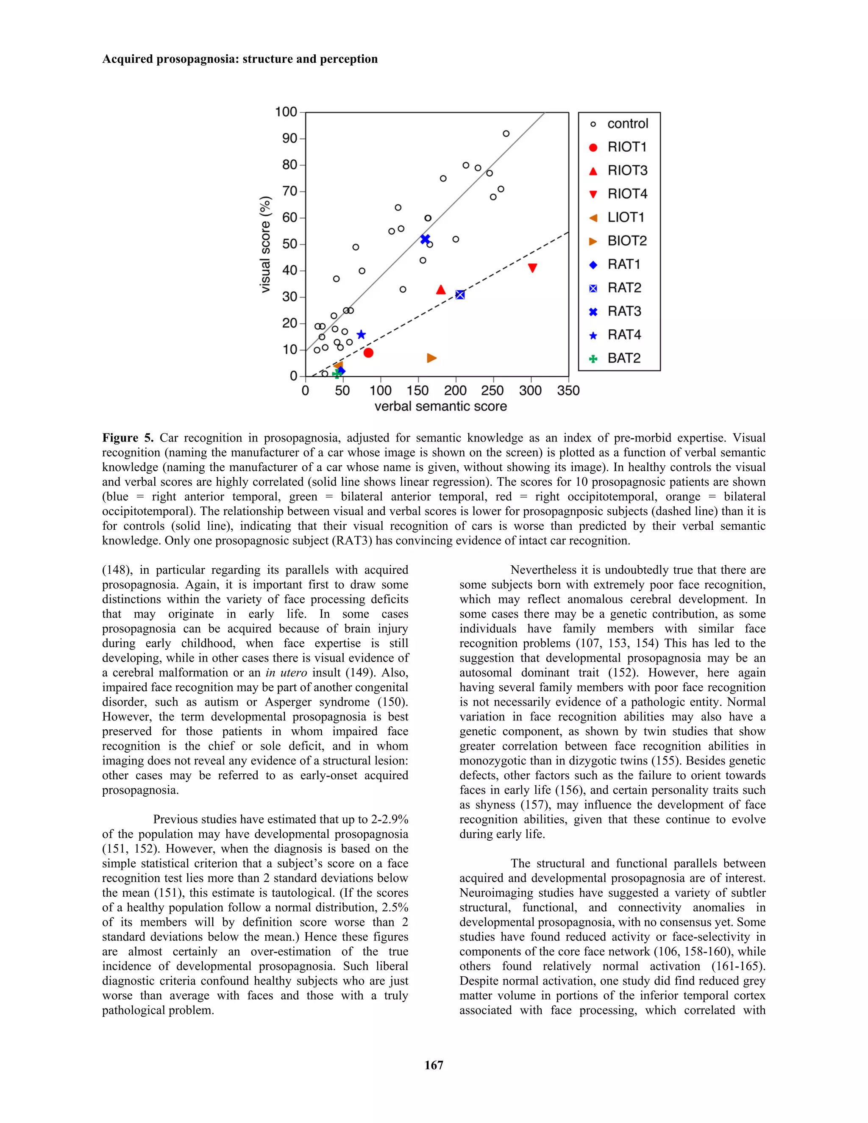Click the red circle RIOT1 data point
pyautogui.click(x=368, y=353)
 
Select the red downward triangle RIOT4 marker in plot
pyautogui.click(x=533, y=268)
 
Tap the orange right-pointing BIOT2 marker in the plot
pyautogui.click(x=431, y=358)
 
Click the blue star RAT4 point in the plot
pyautogui.click(x=361, y=335)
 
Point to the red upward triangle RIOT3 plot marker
pyautogui.click(x=441, y=290)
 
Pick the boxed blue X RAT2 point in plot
pyautogui.click(x=460, y=295)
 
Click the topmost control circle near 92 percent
pyautogui.click(x=506, y=133)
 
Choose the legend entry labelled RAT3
pyautogui.click(x=624, y=311)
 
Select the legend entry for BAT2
pyautogui.click(x=624, y=359)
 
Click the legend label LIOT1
pyautogui.click(x=626, y=217)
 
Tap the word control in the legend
pyautogui.click(x=628, y=124)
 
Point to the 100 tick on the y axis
pyautogui.click(x=287, y=112)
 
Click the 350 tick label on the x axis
pyautogui.click(x=568, y=391)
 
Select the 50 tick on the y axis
pyautogui.click(x=290, y=244)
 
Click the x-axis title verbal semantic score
pyautogui.click(x=441, y=407)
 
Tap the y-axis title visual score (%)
pyautogui.click(x=265, y=245)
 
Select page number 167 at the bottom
pyautogui.click(x=434, y=1065)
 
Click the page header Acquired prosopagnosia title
pyautogui.click(x=239, y=59)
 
